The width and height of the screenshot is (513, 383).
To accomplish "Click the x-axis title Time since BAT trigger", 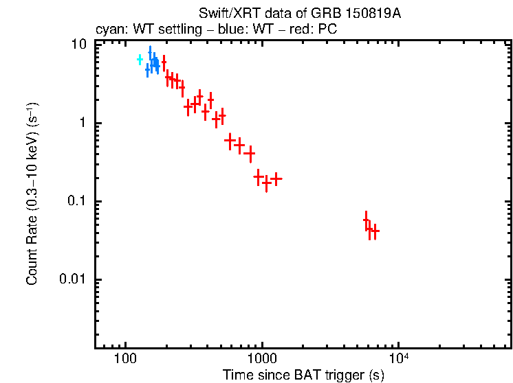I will [303, 375].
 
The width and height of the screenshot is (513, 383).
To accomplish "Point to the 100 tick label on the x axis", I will [125, 360].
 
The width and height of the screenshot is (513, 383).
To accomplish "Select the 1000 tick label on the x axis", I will [261, 360].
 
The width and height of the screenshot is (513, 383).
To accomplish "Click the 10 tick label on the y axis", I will [80, 45].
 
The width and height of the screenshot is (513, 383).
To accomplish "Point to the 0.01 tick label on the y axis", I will [74, 279].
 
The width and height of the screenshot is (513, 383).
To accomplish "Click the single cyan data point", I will [140, 60].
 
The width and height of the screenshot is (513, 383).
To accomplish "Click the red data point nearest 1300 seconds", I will [276, 179].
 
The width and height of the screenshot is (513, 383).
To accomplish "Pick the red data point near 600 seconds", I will [230, 140].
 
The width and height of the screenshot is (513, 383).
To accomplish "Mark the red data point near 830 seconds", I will [250, 152].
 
